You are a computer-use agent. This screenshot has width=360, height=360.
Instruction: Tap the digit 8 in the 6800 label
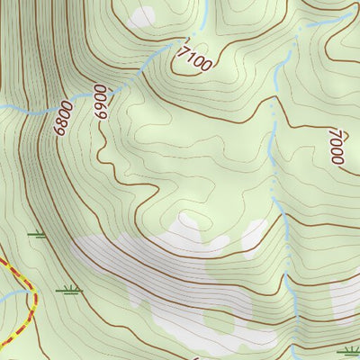point(61,121)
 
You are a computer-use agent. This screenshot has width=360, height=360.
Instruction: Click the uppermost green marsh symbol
point(36,235)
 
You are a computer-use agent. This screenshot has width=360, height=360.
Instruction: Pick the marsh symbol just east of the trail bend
point(67,290)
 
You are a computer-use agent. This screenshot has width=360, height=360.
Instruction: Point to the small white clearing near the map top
point(142,16)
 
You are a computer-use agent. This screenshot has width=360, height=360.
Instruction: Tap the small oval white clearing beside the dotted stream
point(254,236)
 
